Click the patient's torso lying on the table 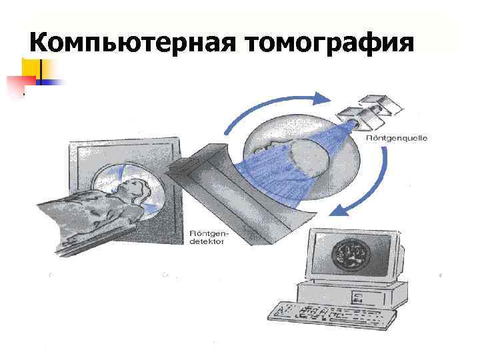pyautogui.click(x=100, y=210)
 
